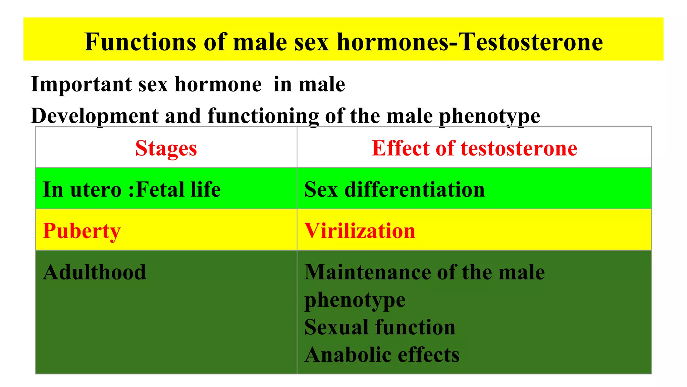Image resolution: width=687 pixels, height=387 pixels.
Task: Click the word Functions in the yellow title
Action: [x=140, y=42]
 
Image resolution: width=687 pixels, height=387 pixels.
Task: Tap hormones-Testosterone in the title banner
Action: [x=470, y=42]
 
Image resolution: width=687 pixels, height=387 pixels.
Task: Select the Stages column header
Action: [x=166, y=148]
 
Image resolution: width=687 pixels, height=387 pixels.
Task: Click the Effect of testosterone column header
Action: [x=474, y=148]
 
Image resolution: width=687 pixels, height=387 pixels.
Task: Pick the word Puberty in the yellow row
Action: [x=82, y=231]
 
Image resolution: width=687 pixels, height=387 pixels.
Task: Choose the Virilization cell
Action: [x=360, y=231]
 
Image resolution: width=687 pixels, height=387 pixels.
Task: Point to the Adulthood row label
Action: [x=95, y=272]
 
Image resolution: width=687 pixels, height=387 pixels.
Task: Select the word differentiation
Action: [x=415, y=189]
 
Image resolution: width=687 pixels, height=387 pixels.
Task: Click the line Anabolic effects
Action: [x=382, y=355]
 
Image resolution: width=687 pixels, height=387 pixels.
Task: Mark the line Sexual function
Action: [x=380, y=327]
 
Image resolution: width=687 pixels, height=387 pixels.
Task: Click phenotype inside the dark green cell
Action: [x=355, y=300]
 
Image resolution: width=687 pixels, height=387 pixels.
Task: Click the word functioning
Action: [x=263, y=116]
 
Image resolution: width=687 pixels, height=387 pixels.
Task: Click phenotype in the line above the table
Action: [x=489, y=117]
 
